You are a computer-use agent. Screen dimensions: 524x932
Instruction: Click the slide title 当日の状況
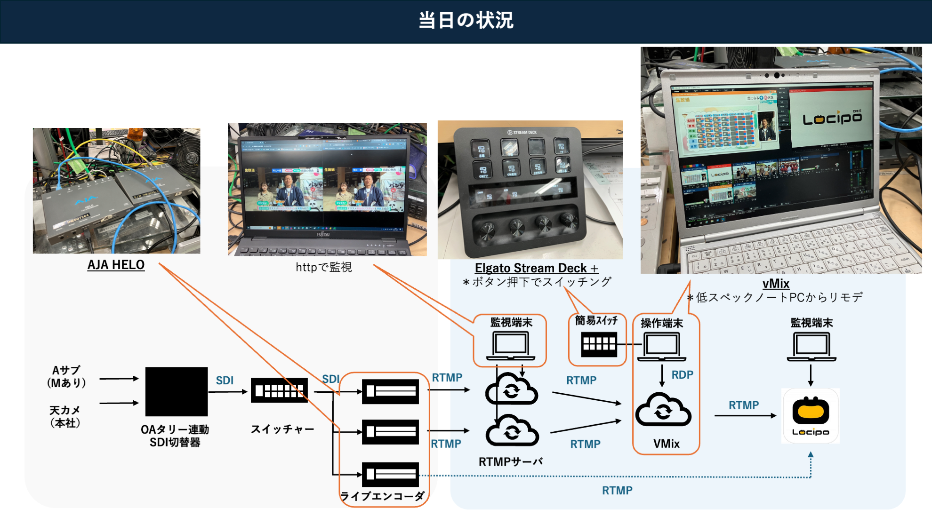pos(466,21)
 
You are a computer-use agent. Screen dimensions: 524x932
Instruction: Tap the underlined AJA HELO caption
pos(116,265)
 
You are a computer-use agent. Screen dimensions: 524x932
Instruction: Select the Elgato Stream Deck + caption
pos(536,268)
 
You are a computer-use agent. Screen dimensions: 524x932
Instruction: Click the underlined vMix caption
pos(776,284)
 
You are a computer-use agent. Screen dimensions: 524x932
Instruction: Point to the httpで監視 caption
pos(323,267)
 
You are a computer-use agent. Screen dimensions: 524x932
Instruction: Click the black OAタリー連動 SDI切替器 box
pos(177,391)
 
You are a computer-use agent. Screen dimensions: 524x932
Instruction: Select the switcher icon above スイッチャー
pos(279,390)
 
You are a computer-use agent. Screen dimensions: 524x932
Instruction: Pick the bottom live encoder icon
pos(390,474)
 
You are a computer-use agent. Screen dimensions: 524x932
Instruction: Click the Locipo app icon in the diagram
pos(811,416)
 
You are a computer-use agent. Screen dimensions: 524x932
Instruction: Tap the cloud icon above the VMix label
pos(663,410)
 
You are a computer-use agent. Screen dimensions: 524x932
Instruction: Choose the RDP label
pos(682,375)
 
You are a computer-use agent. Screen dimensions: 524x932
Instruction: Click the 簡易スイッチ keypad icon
pos(599,344)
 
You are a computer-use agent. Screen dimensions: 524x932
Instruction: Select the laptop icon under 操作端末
pos(661,347)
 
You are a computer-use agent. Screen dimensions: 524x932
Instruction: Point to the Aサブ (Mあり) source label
pos(66,377)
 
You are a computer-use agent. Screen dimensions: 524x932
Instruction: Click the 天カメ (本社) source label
pos(65,417)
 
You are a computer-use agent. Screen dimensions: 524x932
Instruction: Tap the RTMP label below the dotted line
pos(617,491)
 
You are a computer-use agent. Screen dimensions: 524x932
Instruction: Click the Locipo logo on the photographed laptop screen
pos(832,119)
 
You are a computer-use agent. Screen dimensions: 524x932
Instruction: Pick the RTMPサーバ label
pos(511,462)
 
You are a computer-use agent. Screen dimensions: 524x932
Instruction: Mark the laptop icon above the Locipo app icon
pos(811,347)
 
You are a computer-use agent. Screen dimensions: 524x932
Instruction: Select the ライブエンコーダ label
pos(382,496)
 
